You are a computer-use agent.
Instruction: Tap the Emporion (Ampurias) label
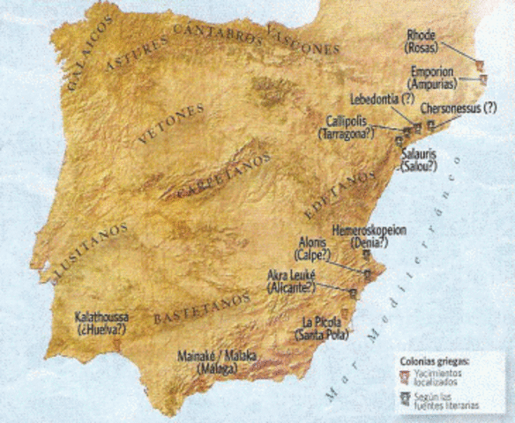click(x=432, y=78)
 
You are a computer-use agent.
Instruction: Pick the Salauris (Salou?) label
click(x=419, y=160)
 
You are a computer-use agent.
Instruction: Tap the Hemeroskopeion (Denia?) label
click(x=369, y=235)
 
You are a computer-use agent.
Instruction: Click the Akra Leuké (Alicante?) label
click(x=294, y=280)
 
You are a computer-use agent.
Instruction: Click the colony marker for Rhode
click(x=480, y=64)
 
